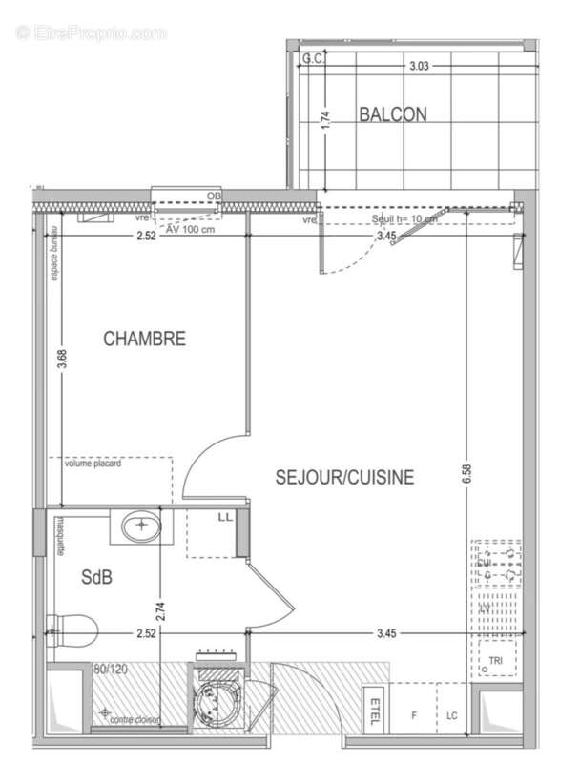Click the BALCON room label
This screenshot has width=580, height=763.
click(x=392, y=114)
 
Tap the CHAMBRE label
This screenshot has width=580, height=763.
click(x=144, y=339)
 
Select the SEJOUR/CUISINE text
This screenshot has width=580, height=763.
click(x=345, y=477)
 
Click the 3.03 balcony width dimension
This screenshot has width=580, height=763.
click(x=420, y=67)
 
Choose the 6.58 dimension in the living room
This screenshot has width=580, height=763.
click(x=466, y=477)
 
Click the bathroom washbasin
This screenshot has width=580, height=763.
click(x=140, y=526)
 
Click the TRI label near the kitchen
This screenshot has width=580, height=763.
click(x=494, y=660)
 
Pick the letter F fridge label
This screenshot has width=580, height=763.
click(x=414, y=715)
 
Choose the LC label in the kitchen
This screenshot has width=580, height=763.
click(x=451, y=715)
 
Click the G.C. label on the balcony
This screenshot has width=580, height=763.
click(x=311, y=59)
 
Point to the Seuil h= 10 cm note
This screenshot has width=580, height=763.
click(x=404, y=218)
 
